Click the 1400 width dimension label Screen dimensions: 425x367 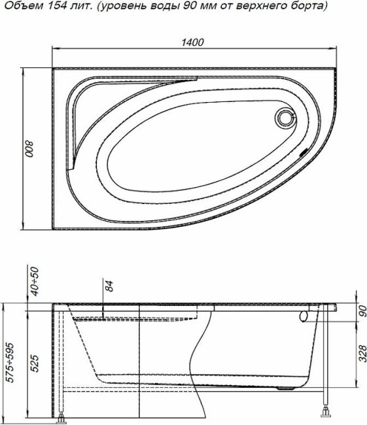pos(194,42)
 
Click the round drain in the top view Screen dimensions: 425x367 pos(286,118)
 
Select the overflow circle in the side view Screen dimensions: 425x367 pos(305,316)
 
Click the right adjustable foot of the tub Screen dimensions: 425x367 pos(325,412)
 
